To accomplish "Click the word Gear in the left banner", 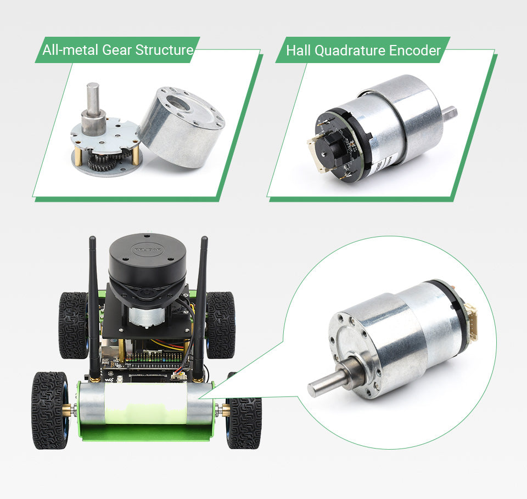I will pyautogui.click(x=116, y=50).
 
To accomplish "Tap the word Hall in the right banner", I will pyautogui.click(x=299, y=51).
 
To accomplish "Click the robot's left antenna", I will pyautogui.click(x=93, y=307).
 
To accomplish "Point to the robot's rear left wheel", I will pyautogui.click(x=73, y=324).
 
